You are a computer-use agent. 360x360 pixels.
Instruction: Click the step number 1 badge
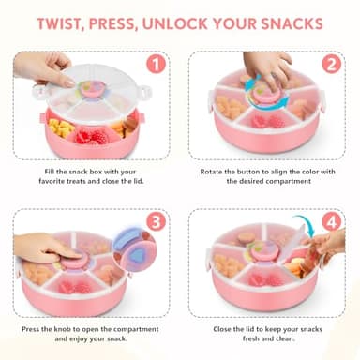(157, 67)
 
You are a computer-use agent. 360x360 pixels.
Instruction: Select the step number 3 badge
(157, 222)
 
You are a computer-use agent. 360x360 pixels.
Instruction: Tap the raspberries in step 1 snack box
(89, 136)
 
